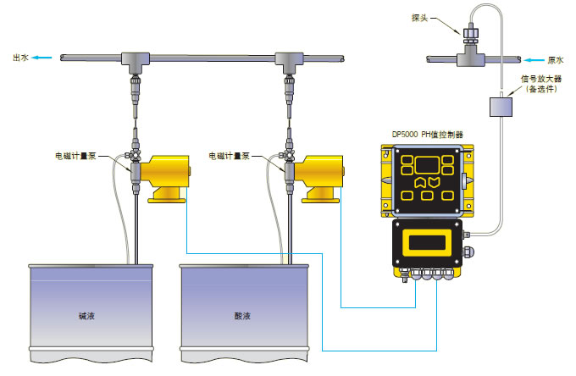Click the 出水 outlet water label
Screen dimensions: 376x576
pos(19,58)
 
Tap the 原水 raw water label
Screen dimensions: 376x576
pos(557,60)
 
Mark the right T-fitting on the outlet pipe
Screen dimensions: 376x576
pos(291,60)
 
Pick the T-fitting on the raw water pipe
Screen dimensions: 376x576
pos(467,59)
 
